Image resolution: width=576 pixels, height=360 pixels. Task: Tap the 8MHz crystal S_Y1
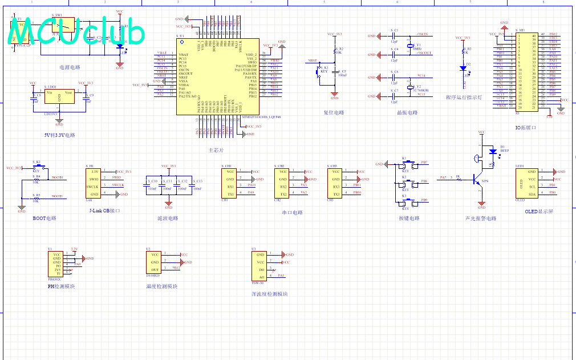409,46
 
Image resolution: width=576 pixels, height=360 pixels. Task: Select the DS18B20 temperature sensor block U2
155,262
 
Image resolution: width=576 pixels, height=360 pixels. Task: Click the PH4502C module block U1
56,264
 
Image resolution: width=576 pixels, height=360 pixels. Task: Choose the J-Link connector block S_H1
95,183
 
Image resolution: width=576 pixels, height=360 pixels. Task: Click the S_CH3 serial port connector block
335,183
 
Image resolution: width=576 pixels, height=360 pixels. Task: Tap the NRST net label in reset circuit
312,60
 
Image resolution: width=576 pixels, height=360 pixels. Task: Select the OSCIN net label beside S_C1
423,35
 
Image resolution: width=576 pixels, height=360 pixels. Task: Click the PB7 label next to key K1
424,163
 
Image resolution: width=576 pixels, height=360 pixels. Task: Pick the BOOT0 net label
57,177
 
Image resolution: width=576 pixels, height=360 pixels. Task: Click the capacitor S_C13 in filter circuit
192,185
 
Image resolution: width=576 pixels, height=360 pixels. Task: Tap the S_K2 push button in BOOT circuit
36,167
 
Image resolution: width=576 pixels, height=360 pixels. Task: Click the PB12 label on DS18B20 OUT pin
176,268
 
